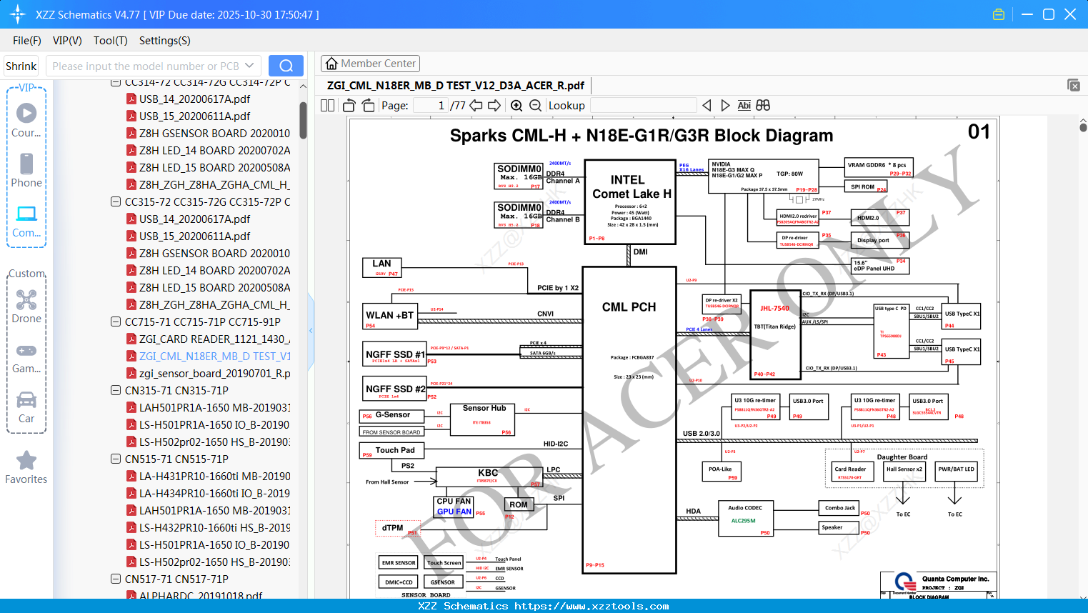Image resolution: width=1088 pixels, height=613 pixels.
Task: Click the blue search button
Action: [286, 66]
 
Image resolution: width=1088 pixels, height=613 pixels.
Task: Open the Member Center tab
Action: [370, 64]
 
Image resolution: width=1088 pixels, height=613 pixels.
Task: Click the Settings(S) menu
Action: [164, 41]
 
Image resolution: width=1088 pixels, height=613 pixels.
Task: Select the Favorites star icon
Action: [26, 461]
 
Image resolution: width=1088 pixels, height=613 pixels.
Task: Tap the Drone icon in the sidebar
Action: [26, 300]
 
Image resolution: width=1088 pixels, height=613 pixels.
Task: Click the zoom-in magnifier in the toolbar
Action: [516, 106]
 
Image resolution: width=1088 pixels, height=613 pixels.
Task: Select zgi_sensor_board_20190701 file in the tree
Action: [214, 373]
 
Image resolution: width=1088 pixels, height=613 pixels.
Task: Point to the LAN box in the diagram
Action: [382, 267]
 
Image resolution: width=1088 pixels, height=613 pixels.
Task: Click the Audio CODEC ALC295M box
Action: [745, 519]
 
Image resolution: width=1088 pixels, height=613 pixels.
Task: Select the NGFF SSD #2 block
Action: [395, 389]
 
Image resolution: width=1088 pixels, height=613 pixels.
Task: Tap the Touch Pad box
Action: [392, 450]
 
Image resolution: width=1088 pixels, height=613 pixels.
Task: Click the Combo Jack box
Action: [839, 508]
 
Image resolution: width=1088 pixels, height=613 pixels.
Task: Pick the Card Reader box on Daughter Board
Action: [850, 472]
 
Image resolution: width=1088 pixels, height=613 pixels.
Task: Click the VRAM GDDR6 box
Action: [879, 167]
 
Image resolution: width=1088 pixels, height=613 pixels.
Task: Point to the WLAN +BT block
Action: [390, 316]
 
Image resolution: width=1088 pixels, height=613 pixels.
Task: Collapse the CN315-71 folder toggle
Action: [116, 390]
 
